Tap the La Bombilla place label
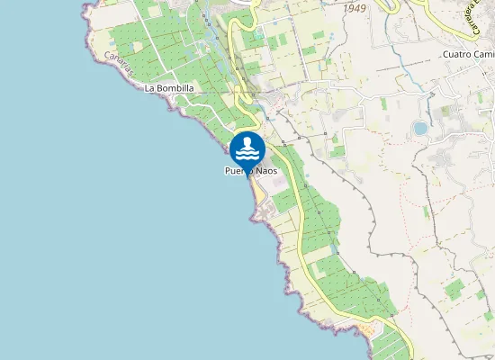click(169, 88)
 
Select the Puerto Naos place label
click(251, 171)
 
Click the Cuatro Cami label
click(468, 54)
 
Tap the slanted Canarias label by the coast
click(119, 63)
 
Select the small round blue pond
click(420, 129)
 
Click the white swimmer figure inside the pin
click(247, 143)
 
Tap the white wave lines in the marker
click(247, 153)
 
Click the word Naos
click(265, 171)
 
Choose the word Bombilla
click(175, 88)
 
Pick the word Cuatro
click(457, 54)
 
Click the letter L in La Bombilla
click(148, 88)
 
